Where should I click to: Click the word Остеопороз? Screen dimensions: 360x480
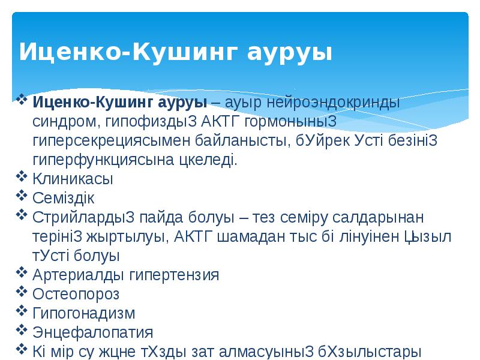pyautogui.click(x=76, y=294)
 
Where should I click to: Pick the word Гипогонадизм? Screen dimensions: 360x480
pyautogui.click(x=83, y=313)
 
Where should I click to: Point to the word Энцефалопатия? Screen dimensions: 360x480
pyautogui.click(x=92, y=332)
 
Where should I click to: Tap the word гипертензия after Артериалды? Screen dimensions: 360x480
pyautogui.click(x=174, y=275)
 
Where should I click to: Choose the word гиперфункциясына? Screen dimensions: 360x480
pyautogui.click(x=102, y=160)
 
